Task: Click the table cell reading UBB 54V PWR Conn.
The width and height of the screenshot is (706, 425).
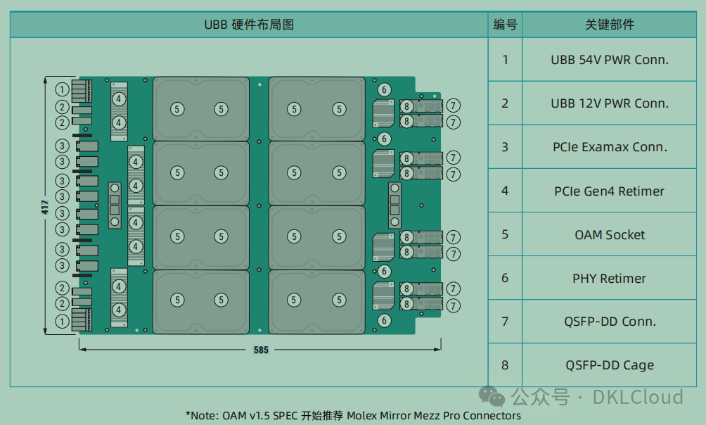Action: (x=609, y=60)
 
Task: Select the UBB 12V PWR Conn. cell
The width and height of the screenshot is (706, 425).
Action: (x=609, y=103)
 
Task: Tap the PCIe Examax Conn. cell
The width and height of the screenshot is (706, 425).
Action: (x=609, y=147)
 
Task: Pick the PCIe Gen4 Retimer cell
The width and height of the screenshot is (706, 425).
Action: (x=609, y=191)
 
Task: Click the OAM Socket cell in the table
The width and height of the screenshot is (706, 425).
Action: (x=609, y=235)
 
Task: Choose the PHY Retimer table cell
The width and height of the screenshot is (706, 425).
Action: (x=609, y=279)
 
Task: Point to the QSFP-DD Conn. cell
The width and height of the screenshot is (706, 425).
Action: (x=609, y=322)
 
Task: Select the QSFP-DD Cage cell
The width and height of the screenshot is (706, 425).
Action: (x=609, y=365)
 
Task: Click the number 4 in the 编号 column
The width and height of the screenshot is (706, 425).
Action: (x=505, y=191)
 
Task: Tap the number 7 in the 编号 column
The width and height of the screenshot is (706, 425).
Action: (x=505, y=322)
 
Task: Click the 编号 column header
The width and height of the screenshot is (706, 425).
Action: (x=505, y=25)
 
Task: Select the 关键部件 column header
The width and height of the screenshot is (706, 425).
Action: (x=609, y=25)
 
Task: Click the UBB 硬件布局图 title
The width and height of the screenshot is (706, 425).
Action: (x=249, y=25)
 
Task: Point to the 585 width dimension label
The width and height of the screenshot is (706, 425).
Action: (x=261, y=350)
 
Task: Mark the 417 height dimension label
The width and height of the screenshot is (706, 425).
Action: (x=45, y=206)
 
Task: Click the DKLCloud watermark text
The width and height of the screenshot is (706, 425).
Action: (x=637, y=398)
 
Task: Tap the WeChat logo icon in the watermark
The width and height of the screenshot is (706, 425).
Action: (x=492, y=397)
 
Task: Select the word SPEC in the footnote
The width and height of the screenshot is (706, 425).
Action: (x=281, y=416)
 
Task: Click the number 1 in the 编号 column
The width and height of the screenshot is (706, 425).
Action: (x=505, y=60)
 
